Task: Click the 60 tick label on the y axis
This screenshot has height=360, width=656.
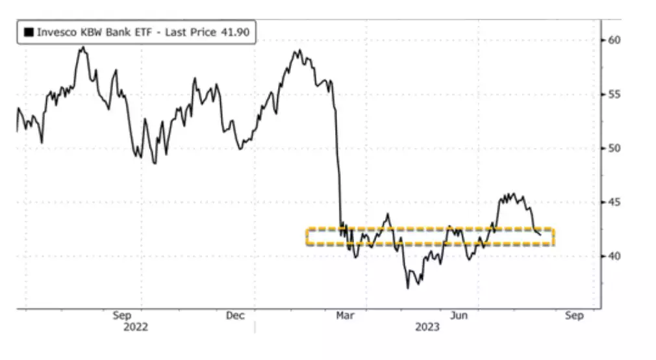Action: [x=614, y=40]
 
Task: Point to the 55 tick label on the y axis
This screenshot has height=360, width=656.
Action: [x=614, y=94]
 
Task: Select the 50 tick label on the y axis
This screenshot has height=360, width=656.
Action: [x=614, y=148]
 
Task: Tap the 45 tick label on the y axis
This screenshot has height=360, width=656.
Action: [x=614, y=202]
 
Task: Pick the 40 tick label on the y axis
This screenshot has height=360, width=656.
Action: [x=614, y=256]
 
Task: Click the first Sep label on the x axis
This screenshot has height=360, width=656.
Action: [x=122, y=316]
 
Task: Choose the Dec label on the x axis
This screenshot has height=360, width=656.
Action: [x=235, y=316]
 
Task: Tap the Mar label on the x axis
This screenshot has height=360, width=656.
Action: [x=346, y=316]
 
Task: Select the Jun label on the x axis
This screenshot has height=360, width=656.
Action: [x=460, y=316]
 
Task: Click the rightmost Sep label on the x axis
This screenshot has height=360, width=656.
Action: [x=574, y=316]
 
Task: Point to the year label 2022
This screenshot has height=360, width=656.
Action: [x=136, y=327]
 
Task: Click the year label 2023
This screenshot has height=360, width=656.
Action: [x=427, y=327]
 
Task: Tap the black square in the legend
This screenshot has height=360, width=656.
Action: [x=29, y=32]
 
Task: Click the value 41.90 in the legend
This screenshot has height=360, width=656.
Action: [x=236, y=32]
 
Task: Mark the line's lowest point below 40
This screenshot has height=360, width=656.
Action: [x=409, y=288]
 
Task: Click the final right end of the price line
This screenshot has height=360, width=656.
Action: [x=540, y=235]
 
